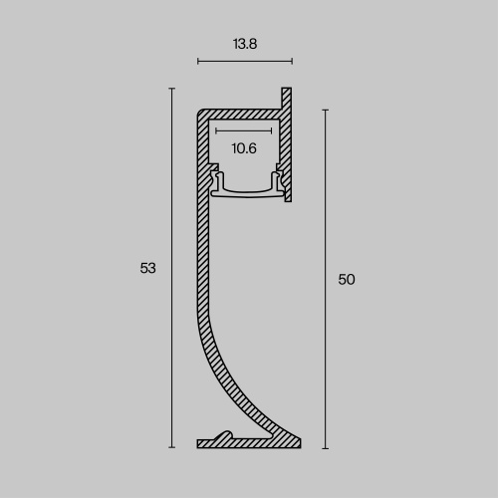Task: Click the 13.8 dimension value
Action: click(x=244, y=44)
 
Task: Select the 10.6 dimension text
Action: click(x=244, y=148)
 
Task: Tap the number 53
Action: click(x=148, y=268)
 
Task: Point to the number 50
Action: click(x=347, y=280)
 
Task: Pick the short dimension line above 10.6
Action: click(x=243, y=129)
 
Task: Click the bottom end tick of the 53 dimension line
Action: click(x=172, y=447)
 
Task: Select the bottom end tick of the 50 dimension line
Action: click(x=325, y=447)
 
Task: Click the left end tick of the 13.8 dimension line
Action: click(x=198, y=62)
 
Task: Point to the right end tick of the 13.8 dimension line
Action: click(x=292, y=62)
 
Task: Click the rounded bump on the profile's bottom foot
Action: click(x=227, y=435)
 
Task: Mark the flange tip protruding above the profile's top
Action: click(x=289, y=93)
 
